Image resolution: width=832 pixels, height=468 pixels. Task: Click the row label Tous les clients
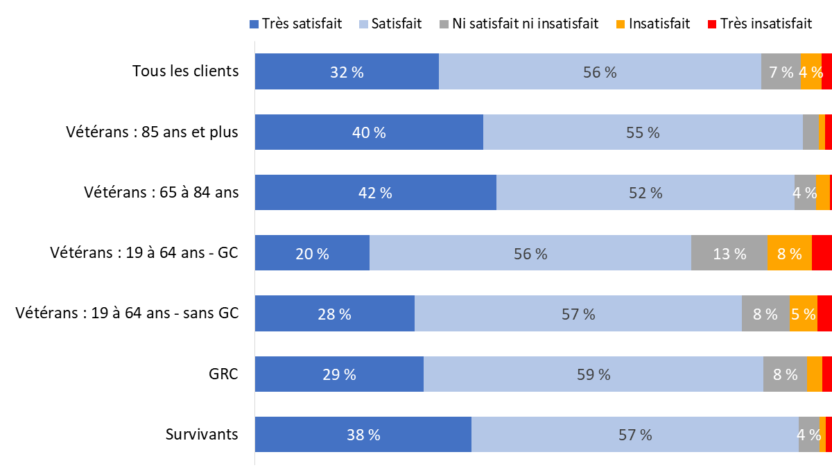coord(185,71)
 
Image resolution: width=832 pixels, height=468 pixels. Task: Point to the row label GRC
coord(223,374)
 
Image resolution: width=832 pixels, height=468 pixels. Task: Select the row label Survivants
coord(202,435)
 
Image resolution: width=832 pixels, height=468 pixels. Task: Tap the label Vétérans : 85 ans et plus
coord(153,132)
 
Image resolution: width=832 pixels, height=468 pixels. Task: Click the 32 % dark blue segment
coord(347,71)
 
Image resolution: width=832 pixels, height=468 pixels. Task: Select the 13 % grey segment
coord(729,253)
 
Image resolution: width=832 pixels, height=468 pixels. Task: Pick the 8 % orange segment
coord(790,253)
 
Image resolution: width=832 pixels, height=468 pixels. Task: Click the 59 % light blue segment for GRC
coord(593,374)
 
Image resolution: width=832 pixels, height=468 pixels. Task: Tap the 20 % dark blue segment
coord(312,253)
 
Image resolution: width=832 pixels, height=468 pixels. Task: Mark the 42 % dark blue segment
coord(375,193)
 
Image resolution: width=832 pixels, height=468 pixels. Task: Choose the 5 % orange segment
coord(804,314)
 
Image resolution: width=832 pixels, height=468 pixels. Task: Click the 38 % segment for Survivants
coord(363,435)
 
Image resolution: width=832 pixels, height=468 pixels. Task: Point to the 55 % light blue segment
coord(643,132)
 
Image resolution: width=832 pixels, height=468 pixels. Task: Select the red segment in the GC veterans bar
coord(822,253)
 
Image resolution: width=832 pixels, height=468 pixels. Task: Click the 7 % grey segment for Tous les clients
coord(781,71)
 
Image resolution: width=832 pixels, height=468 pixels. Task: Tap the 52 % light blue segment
coord(645,193)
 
